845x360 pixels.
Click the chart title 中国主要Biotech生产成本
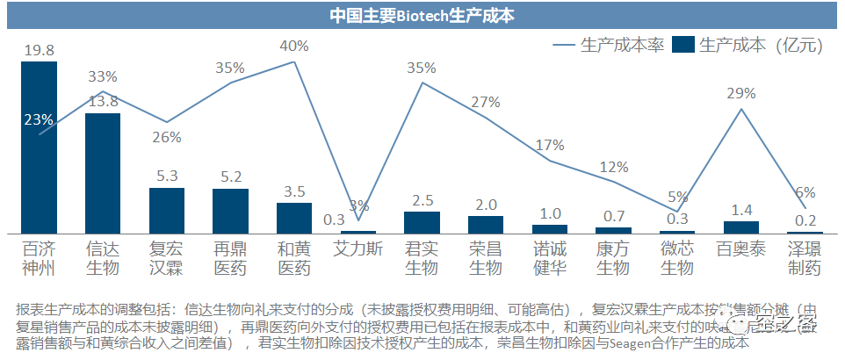click(x=422, y=15)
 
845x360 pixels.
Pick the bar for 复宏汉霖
click(x=167, y=210)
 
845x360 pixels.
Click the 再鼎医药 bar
click(x=230, y=211)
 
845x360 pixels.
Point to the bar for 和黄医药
click(x=294, y=217)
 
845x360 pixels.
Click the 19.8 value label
click(x=40, y=50)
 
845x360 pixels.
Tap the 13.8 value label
click(x=104, y=101)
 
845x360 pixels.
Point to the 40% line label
click(x=293, y=46)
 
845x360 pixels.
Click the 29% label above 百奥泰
click(x=741, y=93)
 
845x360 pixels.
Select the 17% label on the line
click(x=550, y=145)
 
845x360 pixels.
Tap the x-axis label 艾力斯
click(x=357, y=248)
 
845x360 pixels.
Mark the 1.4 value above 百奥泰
click(x=740, y=209)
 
